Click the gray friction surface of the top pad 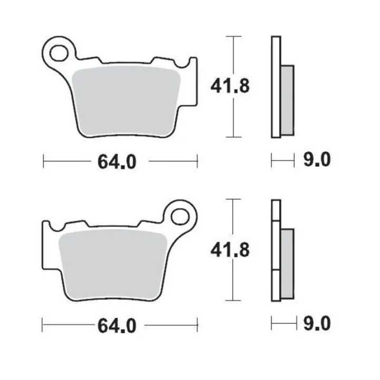127,100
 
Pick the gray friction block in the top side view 287,100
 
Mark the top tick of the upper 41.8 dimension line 233,36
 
